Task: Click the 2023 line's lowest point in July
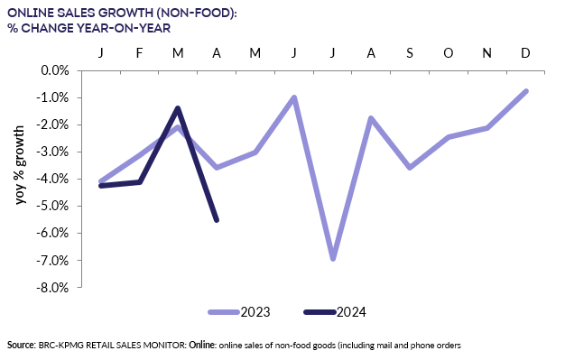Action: tap(333, 258)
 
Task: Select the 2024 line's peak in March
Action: tap(178, 108)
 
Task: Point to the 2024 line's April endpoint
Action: tap(217, 219)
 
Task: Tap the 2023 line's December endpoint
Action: tap(525, 91)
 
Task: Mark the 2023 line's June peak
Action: tap(294, 97)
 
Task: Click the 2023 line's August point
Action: tap(371, 118)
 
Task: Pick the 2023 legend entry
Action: tap(239, 312)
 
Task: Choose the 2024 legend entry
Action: tap(335, 312)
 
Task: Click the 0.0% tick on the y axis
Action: tap(55, 70)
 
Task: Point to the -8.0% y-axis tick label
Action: tap(53, 288)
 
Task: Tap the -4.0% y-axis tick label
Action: tap(53, 180)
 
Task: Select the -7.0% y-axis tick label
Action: tap(53, 261)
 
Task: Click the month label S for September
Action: tap(410, 53)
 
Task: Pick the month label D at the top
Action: tap(525, 53)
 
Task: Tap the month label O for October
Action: tap(449, 53)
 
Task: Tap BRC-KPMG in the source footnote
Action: tap(63, 346)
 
